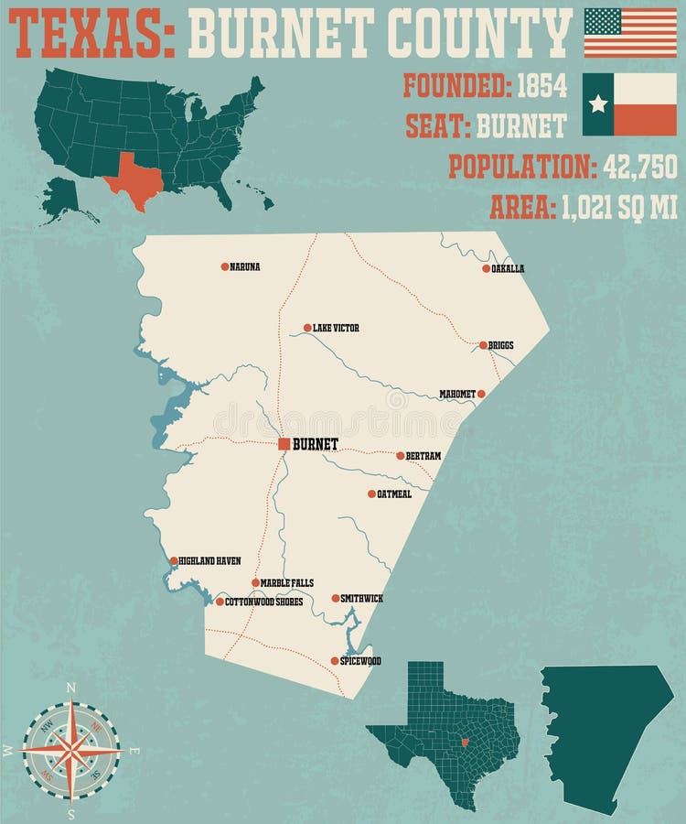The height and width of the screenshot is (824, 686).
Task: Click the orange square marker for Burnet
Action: [x=284, y=444]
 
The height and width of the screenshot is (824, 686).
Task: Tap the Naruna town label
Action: [x=245, y=267]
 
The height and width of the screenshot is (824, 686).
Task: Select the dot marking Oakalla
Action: [x=487, y=268]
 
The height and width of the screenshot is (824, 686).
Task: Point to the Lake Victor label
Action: [x=336, y=328]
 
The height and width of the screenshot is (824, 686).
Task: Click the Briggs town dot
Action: [x=483, y=345]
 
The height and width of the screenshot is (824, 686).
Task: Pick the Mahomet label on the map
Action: [x=456, y=395]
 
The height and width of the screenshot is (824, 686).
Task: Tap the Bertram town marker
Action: [x=400, y=455]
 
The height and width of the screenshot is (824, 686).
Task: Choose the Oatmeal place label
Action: [x=394, y=494]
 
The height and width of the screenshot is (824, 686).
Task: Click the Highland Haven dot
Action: [x=174, y=560]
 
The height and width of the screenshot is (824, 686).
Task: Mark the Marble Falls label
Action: [x=286, y=583]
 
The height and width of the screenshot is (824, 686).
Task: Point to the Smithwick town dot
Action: [x=336, y=598]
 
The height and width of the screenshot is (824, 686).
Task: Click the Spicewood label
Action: [x=361, y=661]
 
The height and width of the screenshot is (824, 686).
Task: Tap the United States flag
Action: [x=630, y=32]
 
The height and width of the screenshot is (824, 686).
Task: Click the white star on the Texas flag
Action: [x=598, y=103]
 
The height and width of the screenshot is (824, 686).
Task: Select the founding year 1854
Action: [x=541, y=86]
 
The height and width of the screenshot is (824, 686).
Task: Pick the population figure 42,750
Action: [x=639, y=167]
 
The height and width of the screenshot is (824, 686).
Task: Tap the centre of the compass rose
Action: [x=71, y=750]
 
